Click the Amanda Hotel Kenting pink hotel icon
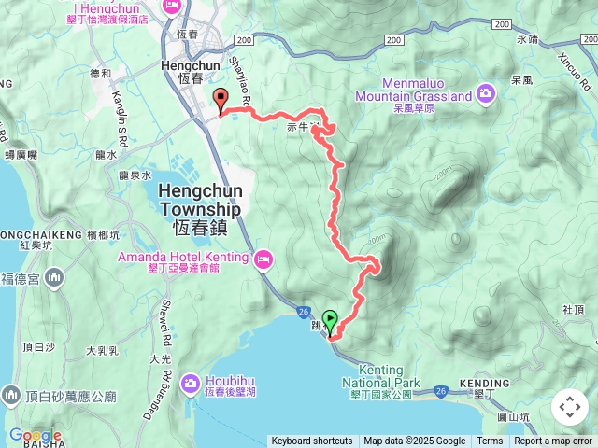[263, 257]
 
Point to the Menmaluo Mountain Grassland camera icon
[486, 91]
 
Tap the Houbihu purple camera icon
[190, 382]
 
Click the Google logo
[35, 435]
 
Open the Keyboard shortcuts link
[312, 441]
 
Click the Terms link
[490, 441]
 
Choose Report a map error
[554, 441]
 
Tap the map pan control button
[569, 407]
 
